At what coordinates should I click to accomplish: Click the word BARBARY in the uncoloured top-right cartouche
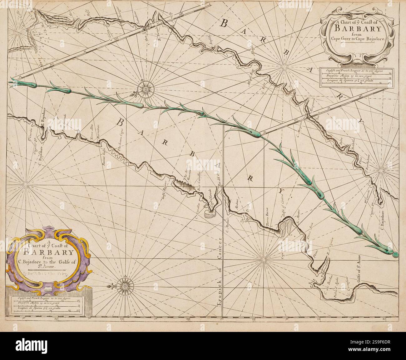358,29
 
